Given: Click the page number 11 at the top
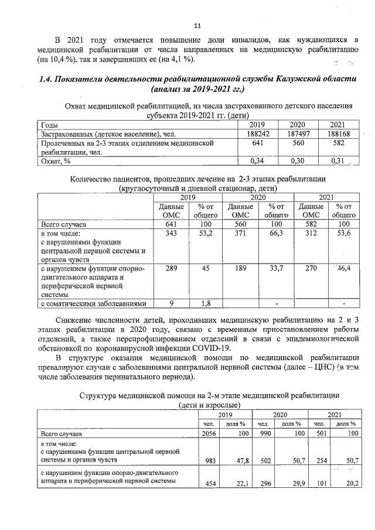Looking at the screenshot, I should (197, 26).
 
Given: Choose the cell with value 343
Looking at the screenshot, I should (170, 234).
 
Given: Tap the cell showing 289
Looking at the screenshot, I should (170, 268).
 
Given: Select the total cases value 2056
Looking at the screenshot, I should (209, 434).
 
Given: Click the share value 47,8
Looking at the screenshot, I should (238, 461).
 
